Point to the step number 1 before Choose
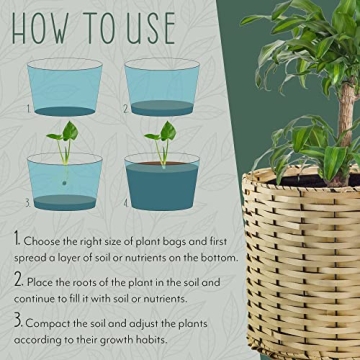tap(17, 240)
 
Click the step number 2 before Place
tap(18, 282)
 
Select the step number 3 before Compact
tap(18, 323)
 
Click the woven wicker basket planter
tap(300, 270)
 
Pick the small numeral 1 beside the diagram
tap(31, 109)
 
